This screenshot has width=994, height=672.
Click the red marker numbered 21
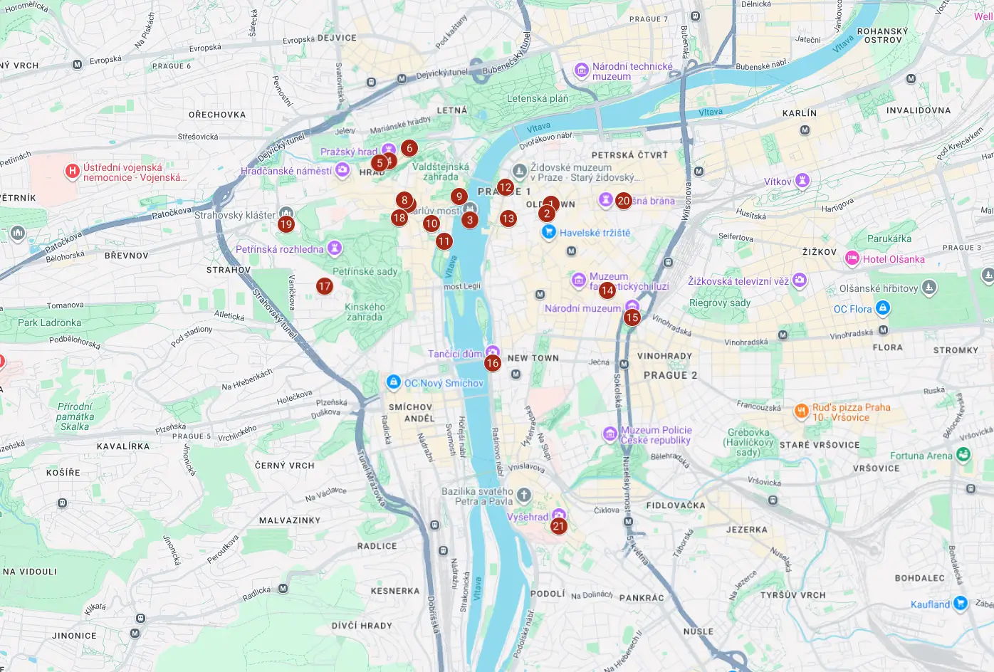pos(559,527)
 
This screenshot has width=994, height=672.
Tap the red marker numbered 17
pos(325,286)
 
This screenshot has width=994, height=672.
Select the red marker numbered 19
pos(286,224)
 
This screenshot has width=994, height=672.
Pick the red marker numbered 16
pos(493,363)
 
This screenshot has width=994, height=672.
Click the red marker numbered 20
pos(624,201)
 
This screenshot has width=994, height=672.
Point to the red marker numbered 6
pos(409,148)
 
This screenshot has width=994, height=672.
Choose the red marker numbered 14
pos(607,290)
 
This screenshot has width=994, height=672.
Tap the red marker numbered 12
pos(506,188)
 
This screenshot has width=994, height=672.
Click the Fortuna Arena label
pos(921,456)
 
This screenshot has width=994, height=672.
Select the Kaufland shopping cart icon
pos(961,603)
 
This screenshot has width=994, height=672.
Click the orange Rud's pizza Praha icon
pos(801,411)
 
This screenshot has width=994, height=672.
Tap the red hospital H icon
pos(72,171)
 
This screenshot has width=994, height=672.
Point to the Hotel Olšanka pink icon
pos(852,258)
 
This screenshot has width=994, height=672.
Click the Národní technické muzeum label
pos(632,71)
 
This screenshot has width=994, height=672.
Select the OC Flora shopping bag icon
pos(883,308)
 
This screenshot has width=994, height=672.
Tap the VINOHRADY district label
pos(664,356)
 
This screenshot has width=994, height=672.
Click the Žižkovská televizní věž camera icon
pos(800,280)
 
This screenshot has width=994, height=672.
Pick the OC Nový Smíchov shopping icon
pos(393,382)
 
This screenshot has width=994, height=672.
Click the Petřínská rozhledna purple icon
pos(335,248)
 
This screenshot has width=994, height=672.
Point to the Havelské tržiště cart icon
pos(548,232)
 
